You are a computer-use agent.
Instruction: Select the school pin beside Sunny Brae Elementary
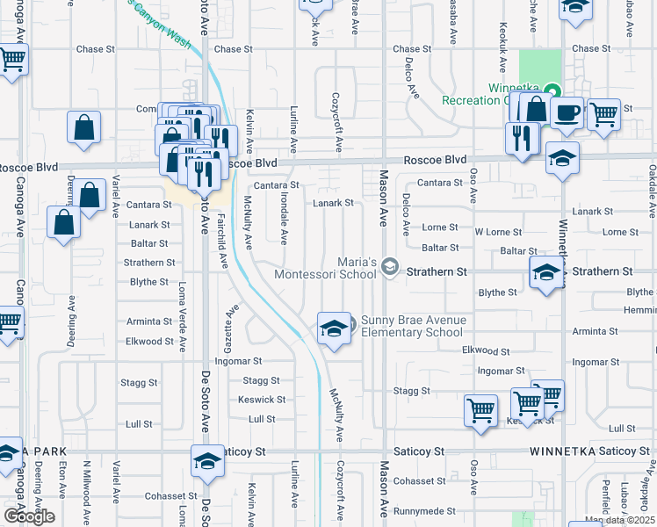click(x=333, y=328)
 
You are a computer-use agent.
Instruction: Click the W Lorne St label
click(x=498, y=232)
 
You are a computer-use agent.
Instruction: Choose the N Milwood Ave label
click(x=87, y=487)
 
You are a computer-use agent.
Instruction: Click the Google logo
click(x=29, y=516)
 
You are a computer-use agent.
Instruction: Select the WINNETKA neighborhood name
click(x=561, y=451)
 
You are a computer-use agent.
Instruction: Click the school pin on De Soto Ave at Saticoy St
click(x=208, y=460)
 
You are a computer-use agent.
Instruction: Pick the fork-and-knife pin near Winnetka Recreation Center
click(x=522, y=138)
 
